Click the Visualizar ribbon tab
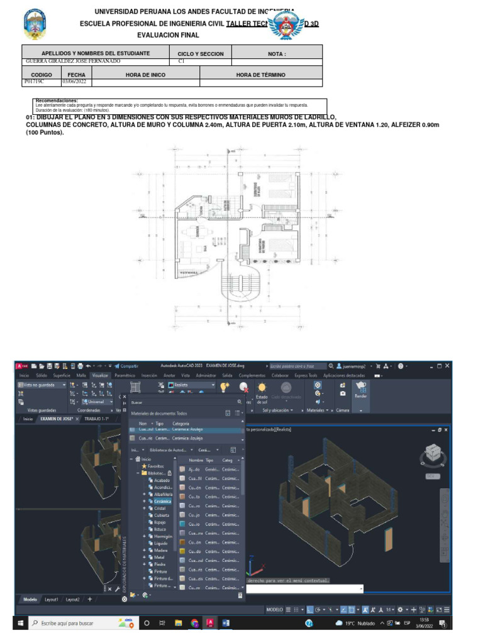99,375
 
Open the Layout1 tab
52,599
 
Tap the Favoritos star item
155,467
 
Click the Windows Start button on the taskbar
20,624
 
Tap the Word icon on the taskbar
226,624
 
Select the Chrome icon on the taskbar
194,624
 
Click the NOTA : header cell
277,54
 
